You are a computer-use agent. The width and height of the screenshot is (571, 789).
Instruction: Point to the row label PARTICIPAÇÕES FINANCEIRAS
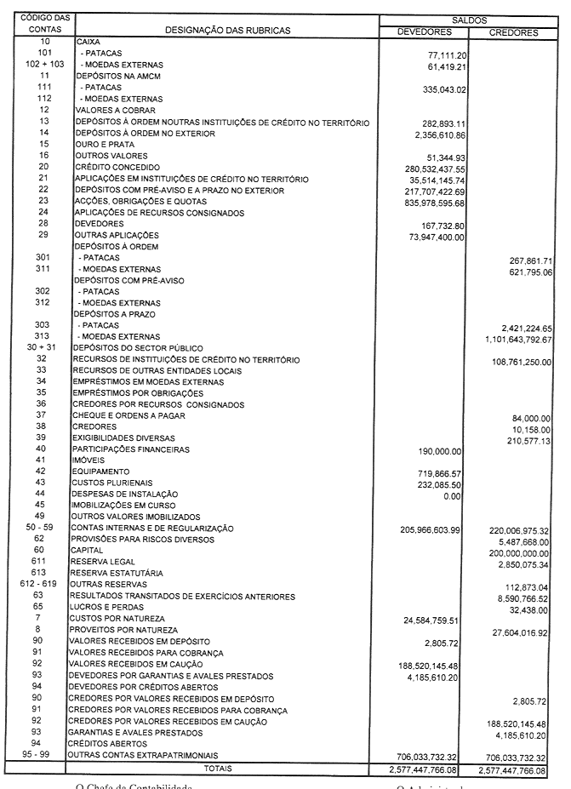coord(131,449)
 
